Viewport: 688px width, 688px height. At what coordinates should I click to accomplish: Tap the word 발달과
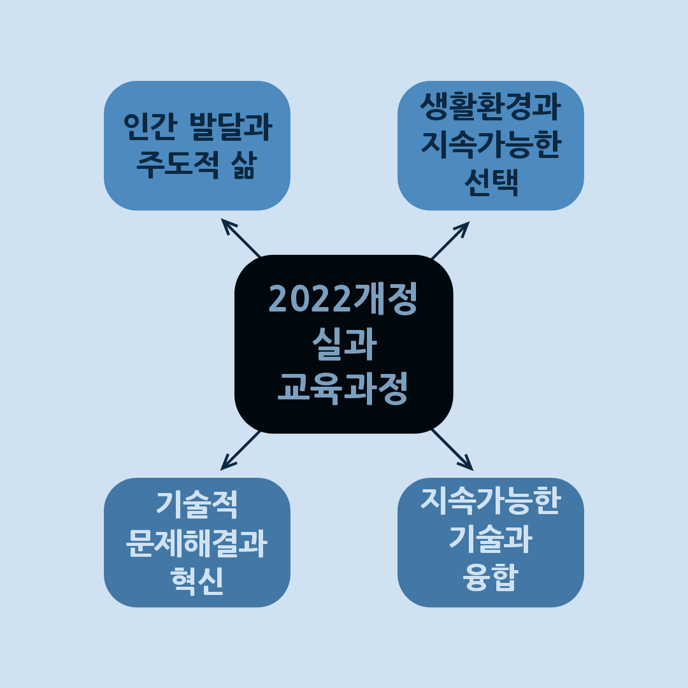tap(232, 127)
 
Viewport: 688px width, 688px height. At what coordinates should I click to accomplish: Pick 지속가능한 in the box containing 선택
tap(491, 145)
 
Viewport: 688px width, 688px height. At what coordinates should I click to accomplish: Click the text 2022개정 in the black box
tap(343, 299)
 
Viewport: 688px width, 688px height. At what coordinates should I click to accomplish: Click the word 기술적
tap(197, 505)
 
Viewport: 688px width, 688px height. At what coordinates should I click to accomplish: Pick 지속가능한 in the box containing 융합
tap(491, 502)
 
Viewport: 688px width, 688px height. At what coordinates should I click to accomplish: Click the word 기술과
tap(491, 540)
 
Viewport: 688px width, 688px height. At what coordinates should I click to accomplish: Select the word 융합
tap(491, 578)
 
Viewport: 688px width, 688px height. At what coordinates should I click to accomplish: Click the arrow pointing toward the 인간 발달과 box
tap(241, 238)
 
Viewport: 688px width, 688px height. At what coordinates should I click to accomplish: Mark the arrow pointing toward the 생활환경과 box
tap(450, 241)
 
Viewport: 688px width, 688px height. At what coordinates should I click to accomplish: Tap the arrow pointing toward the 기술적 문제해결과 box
tap(240, 450)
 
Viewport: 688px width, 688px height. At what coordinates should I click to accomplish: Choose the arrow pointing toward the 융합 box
tap(452, 450)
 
